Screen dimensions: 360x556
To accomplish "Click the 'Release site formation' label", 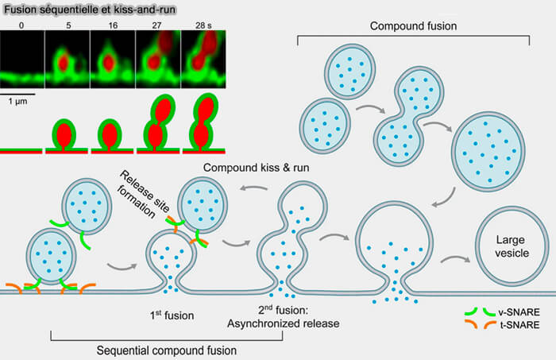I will (142, 195).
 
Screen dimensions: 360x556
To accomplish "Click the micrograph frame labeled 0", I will (22, 59).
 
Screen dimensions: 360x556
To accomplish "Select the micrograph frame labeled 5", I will (68, 59).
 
